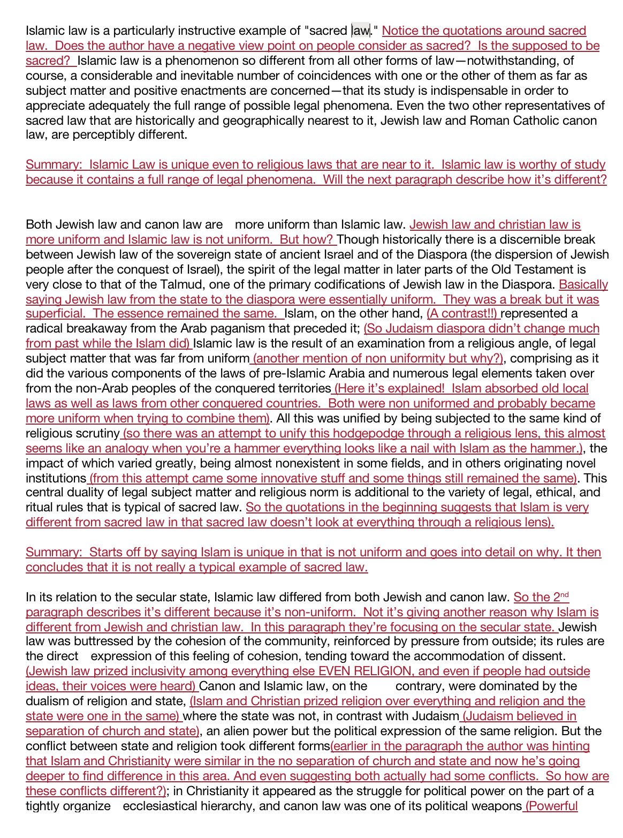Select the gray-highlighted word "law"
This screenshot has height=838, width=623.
[x=361, y=31]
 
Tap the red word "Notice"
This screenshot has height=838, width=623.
[x=400, y=31]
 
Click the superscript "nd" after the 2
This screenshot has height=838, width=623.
[x=564, y=595]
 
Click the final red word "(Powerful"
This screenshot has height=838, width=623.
[x=551, y=806]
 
